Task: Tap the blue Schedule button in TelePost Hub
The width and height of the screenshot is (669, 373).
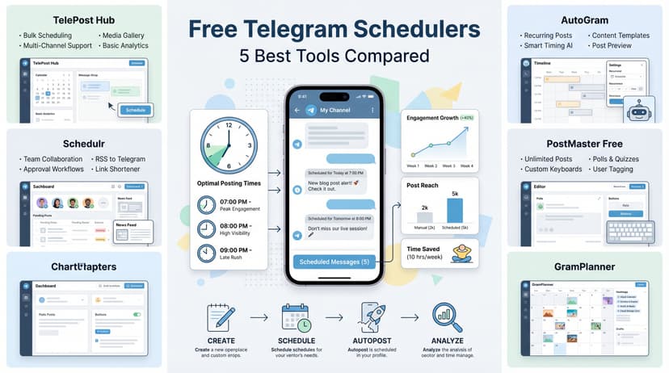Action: pyautogui.click(x=136, y=110)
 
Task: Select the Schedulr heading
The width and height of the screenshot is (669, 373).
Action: pyautogui.click(x=82, y=140)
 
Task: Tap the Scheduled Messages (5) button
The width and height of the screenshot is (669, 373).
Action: pyautogui.click(x=334, y=262)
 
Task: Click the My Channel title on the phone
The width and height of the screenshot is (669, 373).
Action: pyautogui.click(x=335, y=109)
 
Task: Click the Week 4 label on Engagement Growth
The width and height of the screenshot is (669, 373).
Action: pyautogui.click(x=465, y=166)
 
